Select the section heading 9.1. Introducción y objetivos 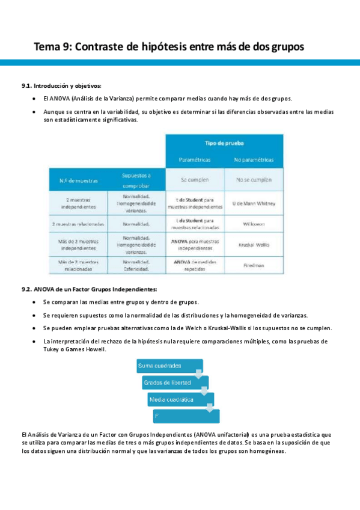point(61,86)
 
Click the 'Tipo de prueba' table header point(224,143)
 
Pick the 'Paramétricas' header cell point(195,160)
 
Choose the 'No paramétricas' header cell point(254,160)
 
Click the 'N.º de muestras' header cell point(79,180)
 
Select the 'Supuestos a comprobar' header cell point(136,179)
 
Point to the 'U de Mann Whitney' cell point(254,204)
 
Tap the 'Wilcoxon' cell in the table point(254,224)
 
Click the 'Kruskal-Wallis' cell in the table point(254,245)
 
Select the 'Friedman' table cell point(254,265)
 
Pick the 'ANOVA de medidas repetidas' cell point(195,265)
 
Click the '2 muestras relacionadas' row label point(79,224)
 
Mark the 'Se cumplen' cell point(195,180)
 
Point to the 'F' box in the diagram point(186,416)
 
